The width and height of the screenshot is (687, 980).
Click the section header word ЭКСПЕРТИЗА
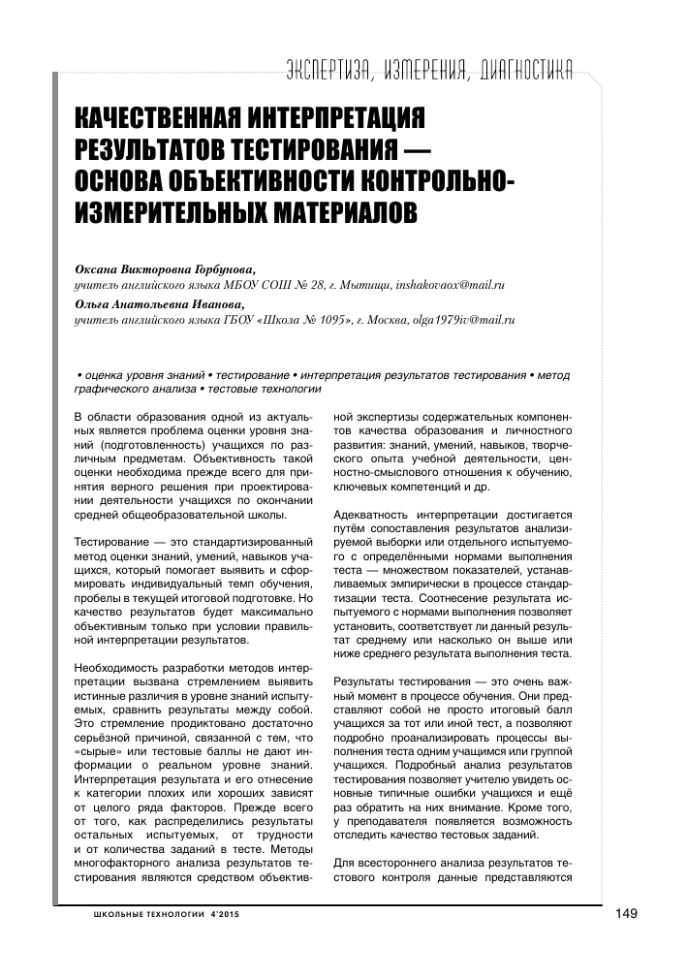point(328,68)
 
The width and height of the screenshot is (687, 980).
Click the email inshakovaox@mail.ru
point(451,287)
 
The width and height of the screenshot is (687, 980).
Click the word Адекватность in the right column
point(372,515)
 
